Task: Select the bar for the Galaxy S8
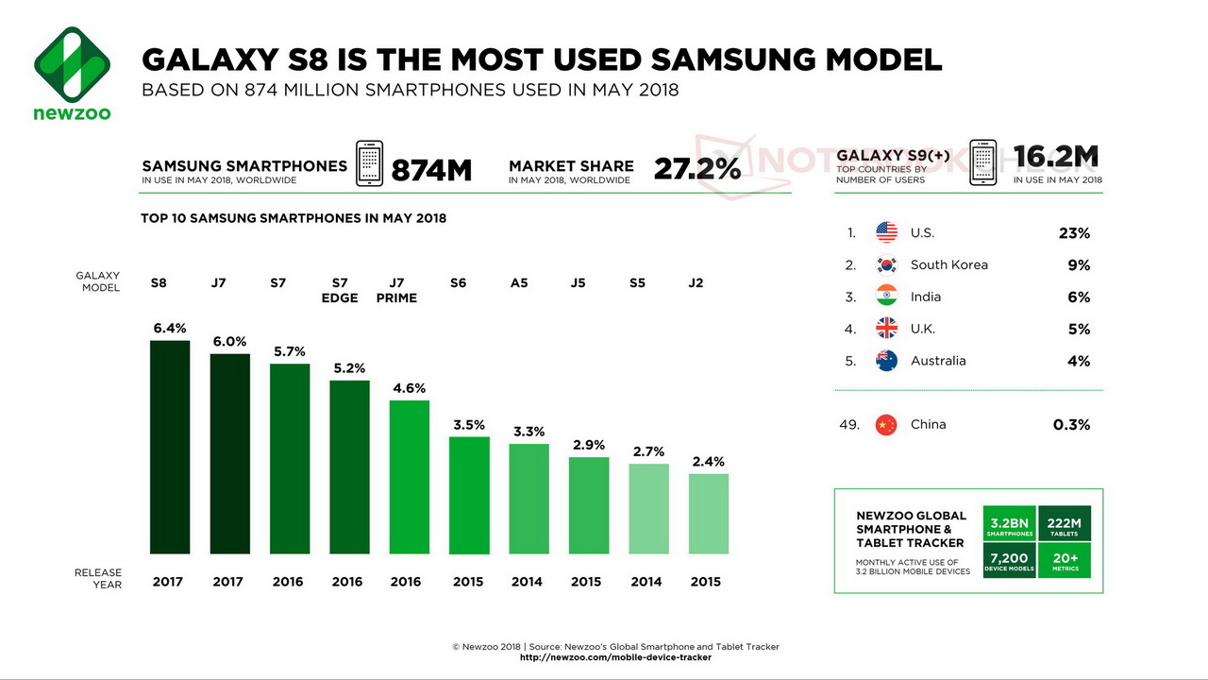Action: point(170,447)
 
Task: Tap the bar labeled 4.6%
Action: point(410,477)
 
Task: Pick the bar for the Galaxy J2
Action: point(709,513)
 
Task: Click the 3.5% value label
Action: point(469,425)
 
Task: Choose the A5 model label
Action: point(519,283)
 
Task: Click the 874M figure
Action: point(430,170)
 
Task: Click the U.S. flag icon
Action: point(886,232)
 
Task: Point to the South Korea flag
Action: point(886,264)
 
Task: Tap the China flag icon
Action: point(886,424)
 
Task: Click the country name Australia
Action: point(938,361)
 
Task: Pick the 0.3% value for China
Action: point(1071,425)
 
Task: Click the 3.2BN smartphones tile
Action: point(1010,525)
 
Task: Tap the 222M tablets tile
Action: point(1065,525)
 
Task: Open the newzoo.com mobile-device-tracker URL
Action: point(615,657)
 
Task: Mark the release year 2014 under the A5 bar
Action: point(527,582)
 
